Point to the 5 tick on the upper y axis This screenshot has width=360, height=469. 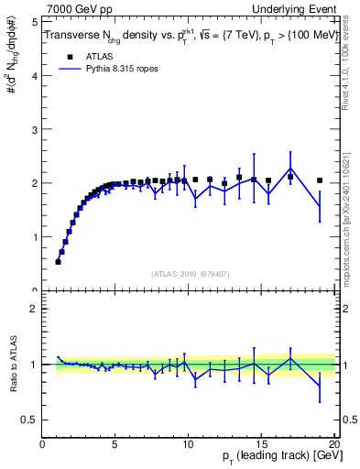click(x=34, y=22)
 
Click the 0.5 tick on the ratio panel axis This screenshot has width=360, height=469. click(x=29, y=420)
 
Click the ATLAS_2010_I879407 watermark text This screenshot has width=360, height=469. click(x=189, y=273)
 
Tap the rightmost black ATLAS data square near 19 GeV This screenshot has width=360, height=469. click(x=320, y=180)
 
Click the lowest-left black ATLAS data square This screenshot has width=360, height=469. click(x=59, y=261)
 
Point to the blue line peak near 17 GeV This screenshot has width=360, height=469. click(x=290, y=169)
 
